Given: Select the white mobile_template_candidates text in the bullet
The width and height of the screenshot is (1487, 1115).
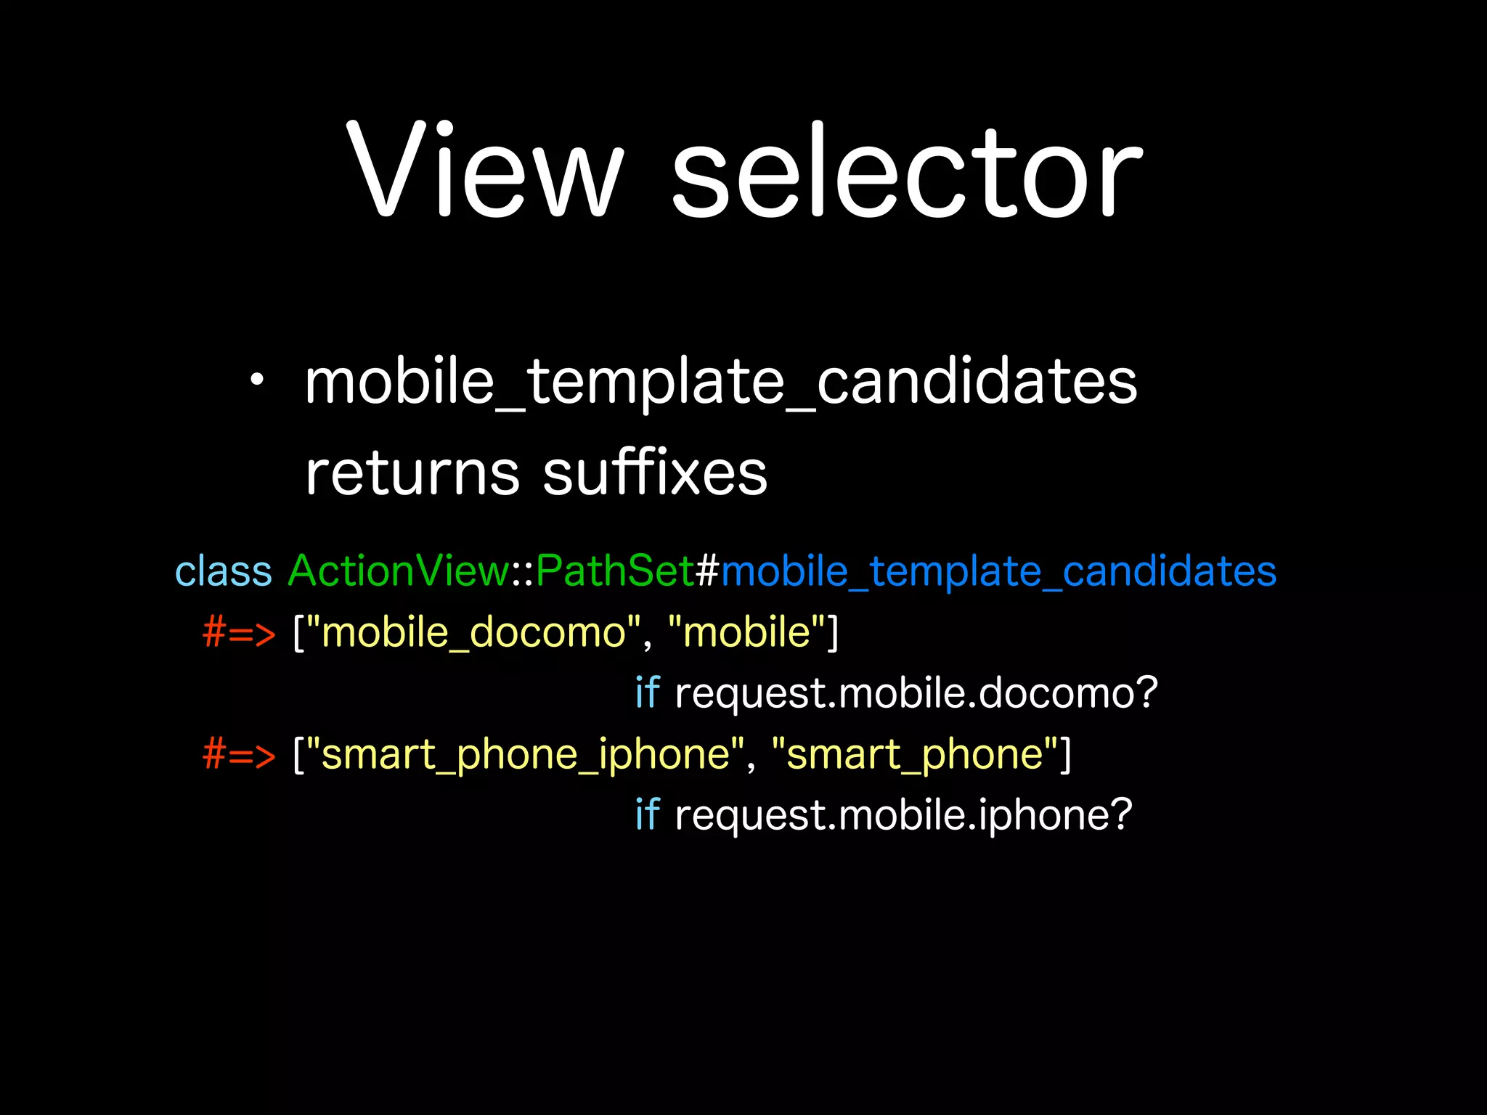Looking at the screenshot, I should point(721,383).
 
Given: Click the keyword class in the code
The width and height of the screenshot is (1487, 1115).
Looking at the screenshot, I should point(224,571).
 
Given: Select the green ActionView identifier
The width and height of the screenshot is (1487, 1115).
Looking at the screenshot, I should point(399,571).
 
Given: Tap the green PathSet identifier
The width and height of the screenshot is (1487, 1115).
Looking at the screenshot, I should point(615,571).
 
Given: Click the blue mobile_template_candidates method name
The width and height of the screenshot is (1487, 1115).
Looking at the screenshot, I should point(998,572).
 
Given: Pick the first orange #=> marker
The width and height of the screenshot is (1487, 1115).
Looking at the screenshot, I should point(239,632).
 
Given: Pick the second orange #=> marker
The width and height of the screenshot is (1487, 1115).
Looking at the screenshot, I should point(239,754).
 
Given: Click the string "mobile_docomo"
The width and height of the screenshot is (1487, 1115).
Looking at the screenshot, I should point(474,632).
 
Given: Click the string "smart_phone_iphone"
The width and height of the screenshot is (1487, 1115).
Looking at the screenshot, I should point(526,755).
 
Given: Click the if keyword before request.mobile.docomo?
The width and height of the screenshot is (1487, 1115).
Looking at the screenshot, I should point(646,693).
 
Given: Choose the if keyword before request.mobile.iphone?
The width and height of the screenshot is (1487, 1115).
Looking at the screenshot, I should point(646,814).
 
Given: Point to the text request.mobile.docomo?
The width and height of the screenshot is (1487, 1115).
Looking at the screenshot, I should point(916,693).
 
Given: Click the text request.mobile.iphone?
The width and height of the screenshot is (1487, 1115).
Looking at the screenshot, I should point(903,815).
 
